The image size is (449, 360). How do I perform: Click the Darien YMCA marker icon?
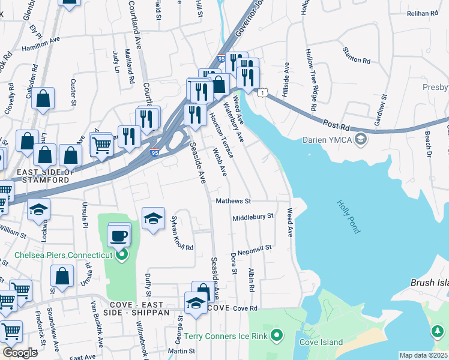point(360,140)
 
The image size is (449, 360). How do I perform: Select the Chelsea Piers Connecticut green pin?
point(122,256)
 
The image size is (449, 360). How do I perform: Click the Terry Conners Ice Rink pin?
point(277,335)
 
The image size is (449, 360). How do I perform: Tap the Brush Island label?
point(429,283)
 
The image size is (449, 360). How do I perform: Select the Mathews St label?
point(233,202)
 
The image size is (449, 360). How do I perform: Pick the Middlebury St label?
point(253,217)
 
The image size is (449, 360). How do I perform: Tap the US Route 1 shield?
point(262,92)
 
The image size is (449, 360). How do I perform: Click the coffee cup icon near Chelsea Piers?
point(119,234)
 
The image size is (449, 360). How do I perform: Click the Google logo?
point(20,352)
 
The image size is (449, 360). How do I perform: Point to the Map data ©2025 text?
point(424,355)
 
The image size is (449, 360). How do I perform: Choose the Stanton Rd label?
point(356,56)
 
